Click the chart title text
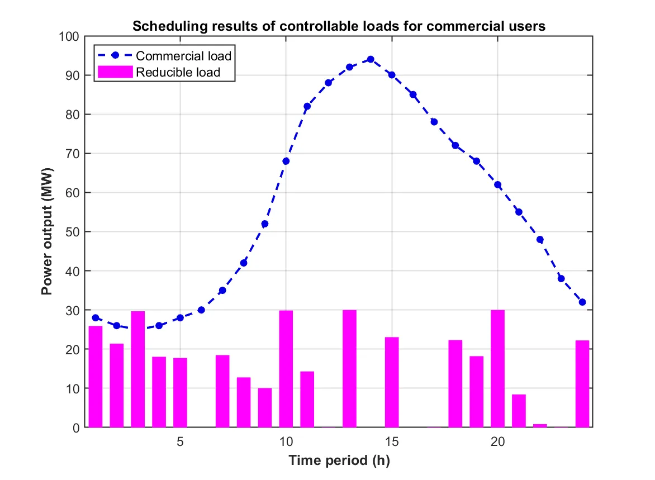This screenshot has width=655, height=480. tap(338, 26)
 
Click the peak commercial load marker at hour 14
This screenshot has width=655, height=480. tap(371, 59)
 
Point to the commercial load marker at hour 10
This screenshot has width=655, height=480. tap(286, 161)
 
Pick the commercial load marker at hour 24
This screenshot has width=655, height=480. tap(582, 302)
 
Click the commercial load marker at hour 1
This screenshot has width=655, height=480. tap(96, 317)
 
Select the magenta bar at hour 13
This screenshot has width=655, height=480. tap(349, 369)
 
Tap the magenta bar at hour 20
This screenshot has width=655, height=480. tap(497, 369)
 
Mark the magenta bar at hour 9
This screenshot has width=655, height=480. tap(265, 407)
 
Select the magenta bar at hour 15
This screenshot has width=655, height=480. tap(392, 382)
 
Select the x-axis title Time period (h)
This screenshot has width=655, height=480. tap(339, 461)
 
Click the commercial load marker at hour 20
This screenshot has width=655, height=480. tap(497, 184)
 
